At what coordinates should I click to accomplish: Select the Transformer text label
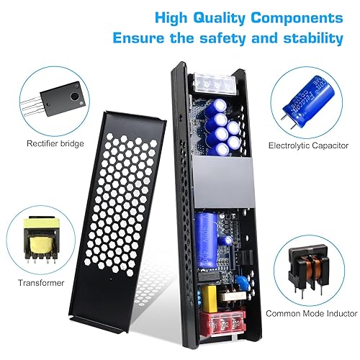coord(41,283)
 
